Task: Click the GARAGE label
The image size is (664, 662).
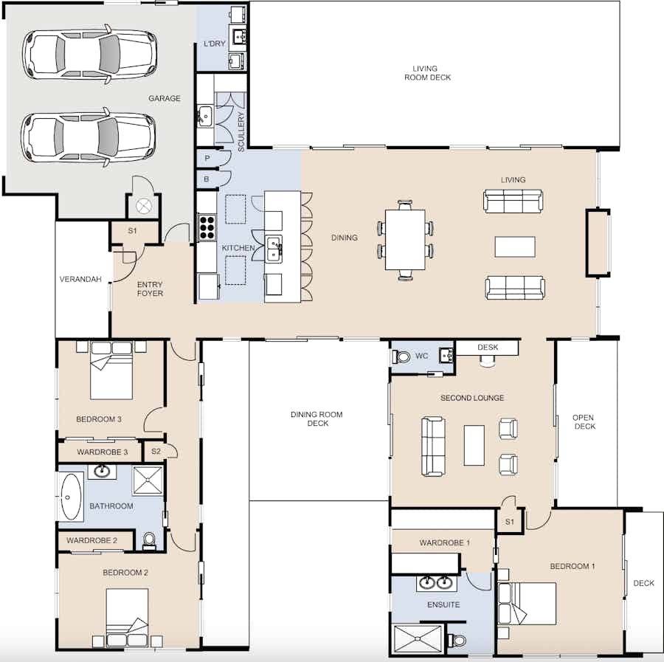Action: click(x=165, y=98)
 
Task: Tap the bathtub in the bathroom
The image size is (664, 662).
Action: click(x=71, y=497)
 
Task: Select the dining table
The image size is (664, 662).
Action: click(x=405, y=240)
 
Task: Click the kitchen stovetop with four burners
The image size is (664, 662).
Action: click(x=207, y=227)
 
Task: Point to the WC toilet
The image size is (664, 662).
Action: click(x=401, y=356)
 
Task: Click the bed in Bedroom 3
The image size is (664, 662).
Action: click(x=111, y=370)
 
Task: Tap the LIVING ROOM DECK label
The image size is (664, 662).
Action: click(x=427, y=73)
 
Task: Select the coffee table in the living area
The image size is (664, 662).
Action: click(x=515, y=246)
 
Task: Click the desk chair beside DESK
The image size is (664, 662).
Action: click(x=488, y=360)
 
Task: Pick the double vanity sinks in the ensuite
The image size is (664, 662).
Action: click(x=436, y=583)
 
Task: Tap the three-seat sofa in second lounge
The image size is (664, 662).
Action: click(x=433, y=446)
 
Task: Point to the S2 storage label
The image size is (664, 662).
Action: click(x=156, y=451)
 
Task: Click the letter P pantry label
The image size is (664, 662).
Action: click(x=207, y=159)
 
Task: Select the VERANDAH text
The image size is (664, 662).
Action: click(x=80, y=279)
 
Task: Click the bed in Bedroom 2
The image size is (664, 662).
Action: click(x=127, y=618)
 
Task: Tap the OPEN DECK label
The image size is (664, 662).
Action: click(x=584, y=422)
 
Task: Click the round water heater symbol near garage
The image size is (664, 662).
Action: click(x=144, y=207)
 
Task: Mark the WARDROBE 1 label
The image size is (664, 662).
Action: click(x=445, y=542)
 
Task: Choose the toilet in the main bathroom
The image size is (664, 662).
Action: click(x=149, y=540)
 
